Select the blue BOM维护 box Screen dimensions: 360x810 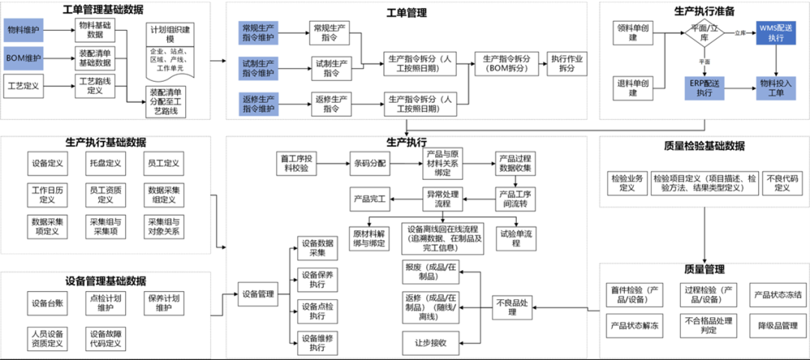point(23,58)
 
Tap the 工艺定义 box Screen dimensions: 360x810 point(23,87)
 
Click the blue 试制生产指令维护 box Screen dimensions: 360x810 point(259,67)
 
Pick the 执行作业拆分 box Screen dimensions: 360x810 point(568,64)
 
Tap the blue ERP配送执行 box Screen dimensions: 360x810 point(704,87)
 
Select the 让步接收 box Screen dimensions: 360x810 point(431,342)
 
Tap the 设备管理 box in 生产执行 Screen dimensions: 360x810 point(258,294)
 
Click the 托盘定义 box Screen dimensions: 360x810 point(103,163)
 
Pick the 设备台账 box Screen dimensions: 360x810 point(46,304)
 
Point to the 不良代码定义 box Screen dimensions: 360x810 point(782,183)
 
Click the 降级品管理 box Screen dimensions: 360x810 point(778,325)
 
